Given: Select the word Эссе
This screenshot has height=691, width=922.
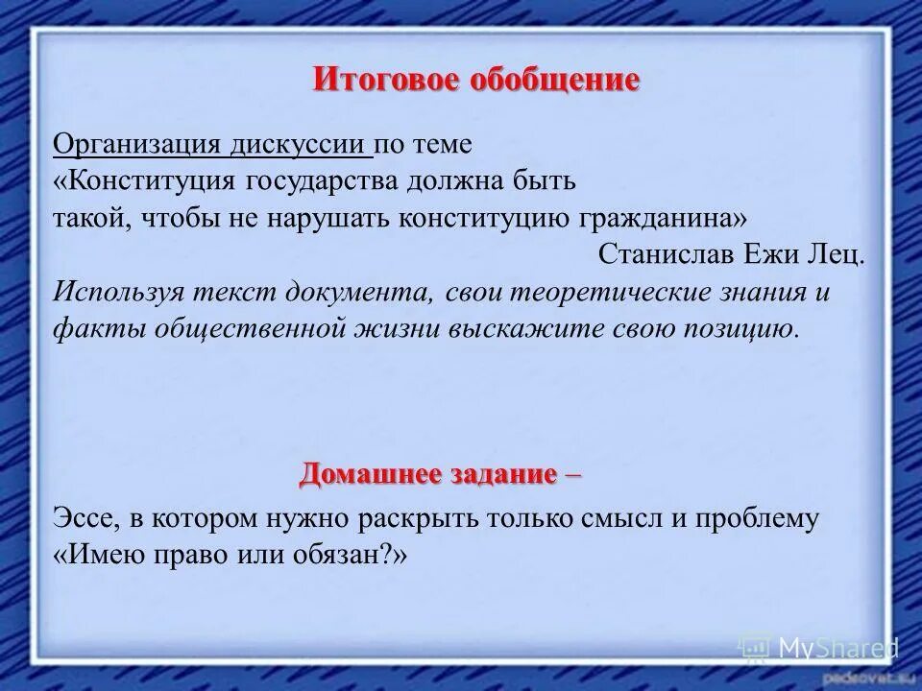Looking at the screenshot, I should point(85,519).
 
